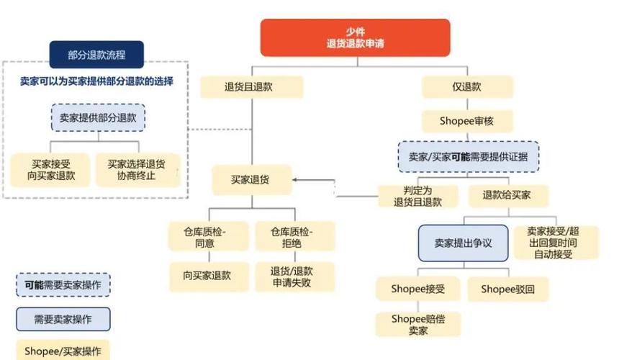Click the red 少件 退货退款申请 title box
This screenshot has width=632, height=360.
pyautogui.click(x=354, y=37)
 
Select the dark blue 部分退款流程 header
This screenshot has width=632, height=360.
pyautogui.click(x=96, y=55)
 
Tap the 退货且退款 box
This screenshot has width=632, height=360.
pyautogui.click(x=251, y=87)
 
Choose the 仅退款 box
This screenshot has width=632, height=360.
pyautogui.click(x=466, y=87)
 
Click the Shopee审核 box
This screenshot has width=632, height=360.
pyautogui.click(x=466, y=121)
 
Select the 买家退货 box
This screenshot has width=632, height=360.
pyautogui.click(x=251, y=180)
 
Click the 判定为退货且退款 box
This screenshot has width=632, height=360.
pyautogui.click(x=417, y=197)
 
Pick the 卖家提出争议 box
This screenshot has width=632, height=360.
pyautogui.click(x=463, y=243)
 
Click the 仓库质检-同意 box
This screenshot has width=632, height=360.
pyautogui.click(x=209, y=237)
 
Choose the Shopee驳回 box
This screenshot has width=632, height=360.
pyautogui.click(x=508, y=289)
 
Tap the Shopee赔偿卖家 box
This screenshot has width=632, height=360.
pyautogui.click(x=417, y=324)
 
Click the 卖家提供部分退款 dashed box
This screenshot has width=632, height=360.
pyautogui.click(x=98, y=117)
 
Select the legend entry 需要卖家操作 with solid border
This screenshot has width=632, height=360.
pyautogui.click(x=63, y=318)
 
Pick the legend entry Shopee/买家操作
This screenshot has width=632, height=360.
pyautogui.click(x=63, y=351)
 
